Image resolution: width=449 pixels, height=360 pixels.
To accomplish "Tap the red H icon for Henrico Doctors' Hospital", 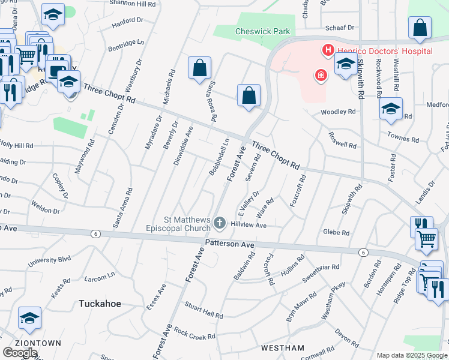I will click(x=328, y=50).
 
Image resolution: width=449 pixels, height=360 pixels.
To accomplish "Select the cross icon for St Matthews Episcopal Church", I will click(x=219, y=224).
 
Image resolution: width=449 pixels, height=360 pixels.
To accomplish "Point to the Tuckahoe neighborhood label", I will click(x=100, y=304).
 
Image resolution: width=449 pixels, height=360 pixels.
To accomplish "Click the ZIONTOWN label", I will click(x=22, y=343).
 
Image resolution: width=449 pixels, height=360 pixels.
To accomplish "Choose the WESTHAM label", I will click(x=283, y=348).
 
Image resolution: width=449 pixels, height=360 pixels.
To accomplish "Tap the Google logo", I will click(x=20, y=352).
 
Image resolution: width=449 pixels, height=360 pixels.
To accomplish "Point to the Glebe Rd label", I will click(x=336, y=232).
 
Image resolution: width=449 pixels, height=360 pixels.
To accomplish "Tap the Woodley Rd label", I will click(x=338, y=112).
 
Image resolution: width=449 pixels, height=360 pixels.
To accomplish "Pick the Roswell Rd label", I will click(x=342, y=140).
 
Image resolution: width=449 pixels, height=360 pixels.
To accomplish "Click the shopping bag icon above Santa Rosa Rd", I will click(x=199, y=68).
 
